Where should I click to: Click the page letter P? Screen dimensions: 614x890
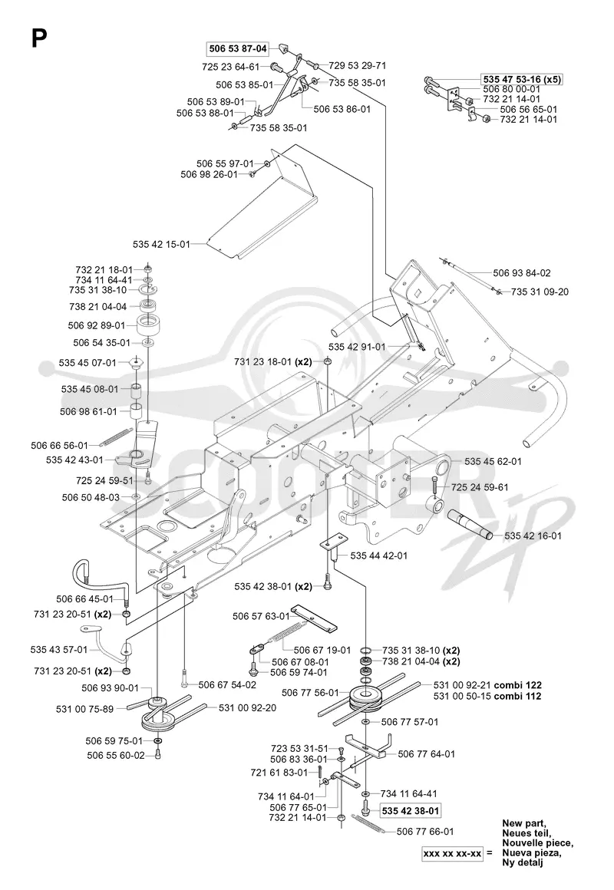(38, 39)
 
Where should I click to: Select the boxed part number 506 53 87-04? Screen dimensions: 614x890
(238, 49)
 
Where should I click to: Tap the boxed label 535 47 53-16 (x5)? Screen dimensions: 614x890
(522, 80)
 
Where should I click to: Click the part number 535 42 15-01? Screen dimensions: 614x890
(161, 244)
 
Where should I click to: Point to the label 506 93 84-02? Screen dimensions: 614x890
(521, 273)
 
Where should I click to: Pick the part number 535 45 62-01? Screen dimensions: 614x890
(493, 461)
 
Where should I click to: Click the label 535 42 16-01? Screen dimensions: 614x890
(533, 536)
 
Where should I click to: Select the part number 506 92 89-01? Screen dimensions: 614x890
(97, 326)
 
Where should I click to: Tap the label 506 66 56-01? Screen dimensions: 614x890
(60, 446)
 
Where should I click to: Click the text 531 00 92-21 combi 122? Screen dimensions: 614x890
(487, 685)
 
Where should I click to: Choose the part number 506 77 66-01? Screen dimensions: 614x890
(425, 832)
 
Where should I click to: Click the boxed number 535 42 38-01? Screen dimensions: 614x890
(411, 811)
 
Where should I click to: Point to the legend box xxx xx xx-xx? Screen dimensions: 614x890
(452, 852)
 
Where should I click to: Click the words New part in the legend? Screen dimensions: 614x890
(523, 823)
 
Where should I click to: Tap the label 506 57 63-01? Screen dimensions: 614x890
(261, 616)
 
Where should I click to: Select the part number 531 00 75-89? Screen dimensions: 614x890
(84, 709)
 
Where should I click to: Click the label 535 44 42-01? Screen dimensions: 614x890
(379, 555)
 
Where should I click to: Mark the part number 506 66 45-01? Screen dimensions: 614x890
(84, 598)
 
